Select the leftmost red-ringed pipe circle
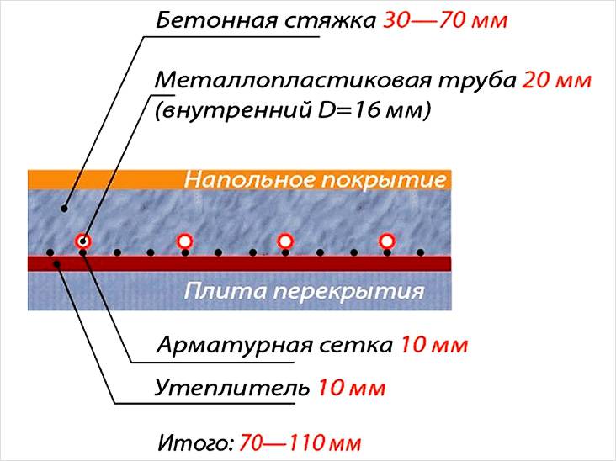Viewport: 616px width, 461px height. [x=82, y=241]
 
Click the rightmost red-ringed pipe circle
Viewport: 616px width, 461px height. [x=387, y=241]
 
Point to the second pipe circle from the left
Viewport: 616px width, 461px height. [x=184, y=241]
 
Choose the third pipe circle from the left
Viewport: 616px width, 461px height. [x=285, y=241]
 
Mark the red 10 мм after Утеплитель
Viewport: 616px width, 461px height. [x=351, y=389]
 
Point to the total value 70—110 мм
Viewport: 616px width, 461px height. [x=300, y=442]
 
